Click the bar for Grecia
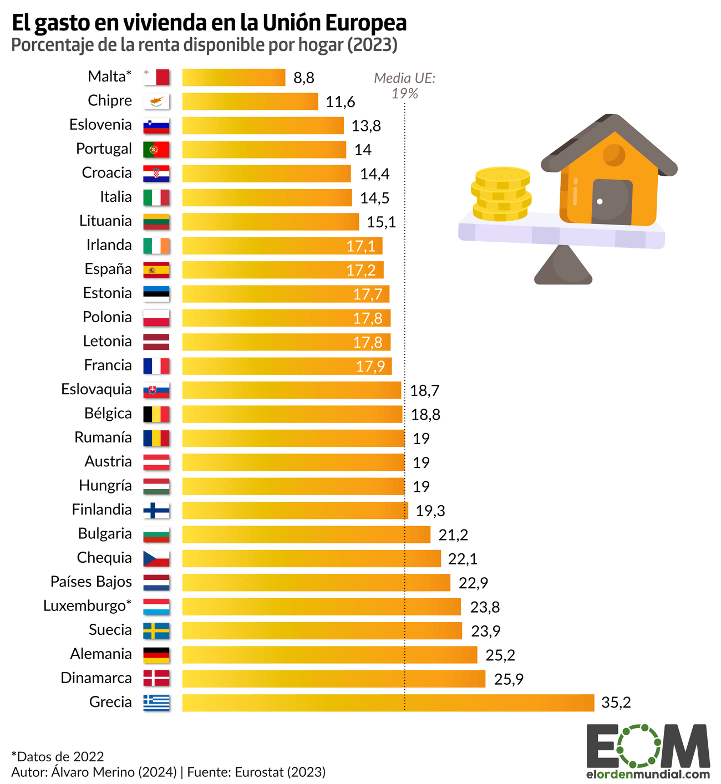tap(388, 702)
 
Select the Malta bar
tap(233, 78)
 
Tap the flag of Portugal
tap(156, 150)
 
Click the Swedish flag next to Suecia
tap(156, 630)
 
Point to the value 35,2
tap(616, 703)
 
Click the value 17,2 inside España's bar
tap(361, 270)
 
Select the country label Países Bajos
tap(91, 582)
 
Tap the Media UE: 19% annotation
tap(405, 86)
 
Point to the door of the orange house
tap(612, 201)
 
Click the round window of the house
tap(614, 155)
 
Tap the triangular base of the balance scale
tap(563, 266)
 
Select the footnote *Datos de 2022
tap(58, 757)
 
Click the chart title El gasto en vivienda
tap(209, 23)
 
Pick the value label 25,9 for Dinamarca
tap(509, 679)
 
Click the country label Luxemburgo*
tap(88, 606)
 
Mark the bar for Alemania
tap(329, 655)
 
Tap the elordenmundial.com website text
tap(648, 775)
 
